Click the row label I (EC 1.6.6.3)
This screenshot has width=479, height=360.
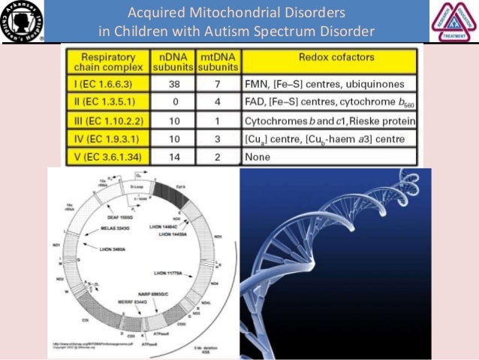[x=104, y=85]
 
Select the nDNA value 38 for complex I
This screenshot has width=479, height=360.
[x=172, y=85]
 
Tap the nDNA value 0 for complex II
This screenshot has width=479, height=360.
[x=172, y=103]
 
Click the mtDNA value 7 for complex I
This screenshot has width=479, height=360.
[x=218, y=85]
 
